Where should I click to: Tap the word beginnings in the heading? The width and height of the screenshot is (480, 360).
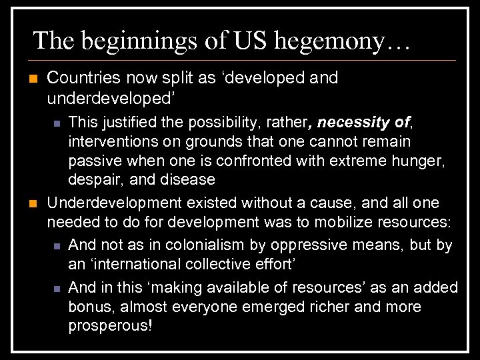click(x=136, y=41)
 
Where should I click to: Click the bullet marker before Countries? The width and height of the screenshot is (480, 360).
click(x=27, y=78)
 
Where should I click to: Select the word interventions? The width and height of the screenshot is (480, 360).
click(x=110, y=142)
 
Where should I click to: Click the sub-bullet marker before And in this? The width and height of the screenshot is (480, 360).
click(x=57, y=288)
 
